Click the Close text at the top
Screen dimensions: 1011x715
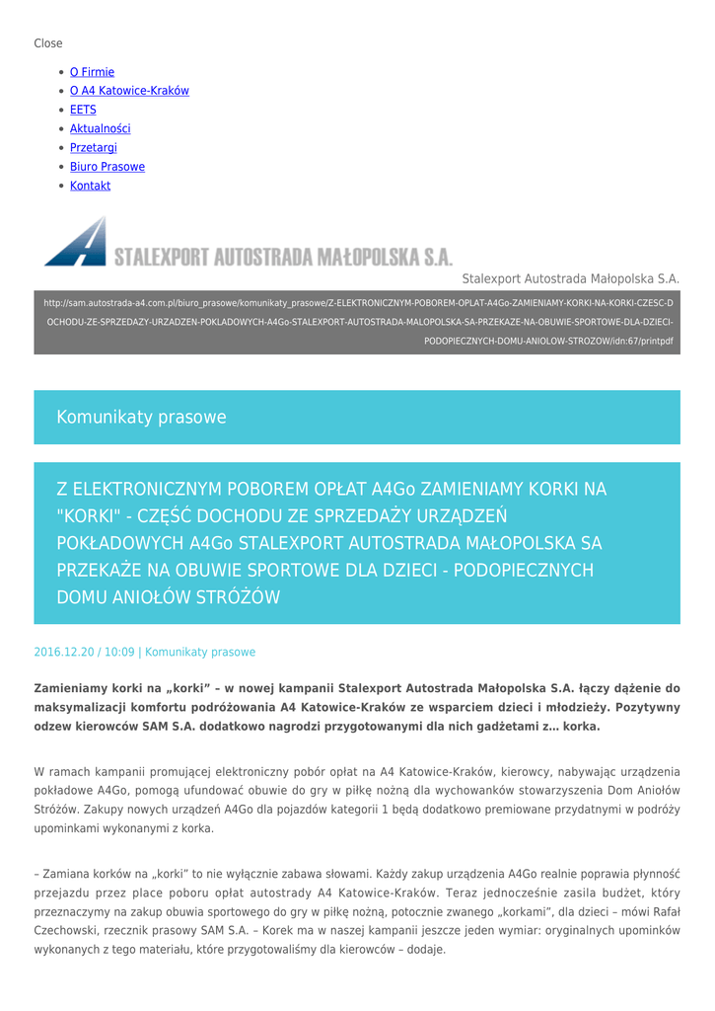(x=48, y=43)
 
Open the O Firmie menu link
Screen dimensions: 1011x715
(x=92, y=72)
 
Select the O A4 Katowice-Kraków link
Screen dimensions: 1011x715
(x=129, y=91)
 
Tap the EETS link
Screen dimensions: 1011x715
(x=83, y=110)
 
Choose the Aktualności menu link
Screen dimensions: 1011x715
(x=100, y=128)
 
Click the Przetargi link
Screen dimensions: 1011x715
(x=94, y=147)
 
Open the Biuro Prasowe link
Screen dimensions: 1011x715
(x=107, y=167)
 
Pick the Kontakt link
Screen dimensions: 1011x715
(x=90, y=186)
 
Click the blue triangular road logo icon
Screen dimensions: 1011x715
(x=76, y=242)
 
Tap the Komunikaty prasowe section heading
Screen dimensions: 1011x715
(x=141, y=418)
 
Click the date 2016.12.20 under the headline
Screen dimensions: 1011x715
(x=64, y=653)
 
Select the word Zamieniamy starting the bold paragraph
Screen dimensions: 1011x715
(x=75, y=687)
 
